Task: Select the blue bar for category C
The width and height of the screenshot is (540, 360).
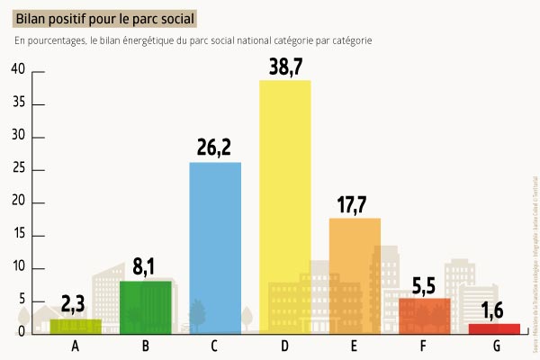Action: [215, 247]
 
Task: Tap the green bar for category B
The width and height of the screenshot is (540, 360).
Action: [145, 306]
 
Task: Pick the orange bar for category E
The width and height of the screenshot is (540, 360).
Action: [355, 274]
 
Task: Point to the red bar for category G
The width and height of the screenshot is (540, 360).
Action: [494, 328]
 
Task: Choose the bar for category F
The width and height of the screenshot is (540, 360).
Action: [424, 315]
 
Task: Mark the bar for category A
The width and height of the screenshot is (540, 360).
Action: [76, 326]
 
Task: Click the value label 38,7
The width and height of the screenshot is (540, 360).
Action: [285, 67]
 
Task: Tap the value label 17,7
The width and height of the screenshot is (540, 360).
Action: [355, 204]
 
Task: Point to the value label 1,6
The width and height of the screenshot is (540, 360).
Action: [493, 310]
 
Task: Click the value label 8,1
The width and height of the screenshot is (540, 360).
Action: [146, 267]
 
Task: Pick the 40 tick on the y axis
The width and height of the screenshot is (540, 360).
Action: [17, 71]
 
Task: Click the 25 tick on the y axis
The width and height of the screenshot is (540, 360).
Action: [17, 170]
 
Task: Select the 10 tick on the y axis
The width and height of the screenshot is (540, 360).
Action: [17, 268]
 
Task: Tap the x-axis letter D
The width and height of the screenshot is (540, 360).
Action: [284, 346]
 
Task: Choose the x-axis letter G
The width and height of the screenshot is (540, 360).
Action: [494, 346]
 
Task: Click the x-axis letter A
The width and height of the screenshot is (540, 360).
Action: [76, 346]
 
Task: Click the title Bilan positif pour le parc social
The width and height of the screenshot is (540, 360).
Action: [104, 17]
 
